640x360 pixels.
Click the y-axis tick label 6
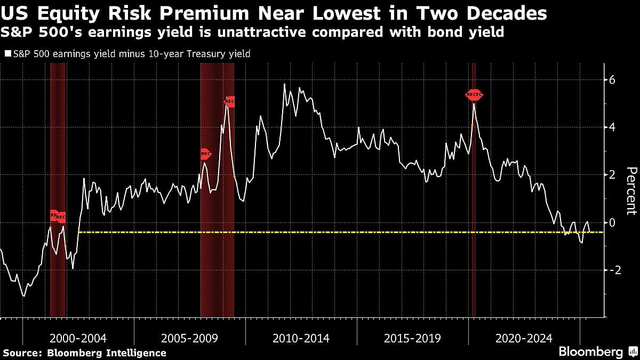click(612, 80)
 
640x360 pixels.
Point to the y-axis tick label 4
click(612, 127)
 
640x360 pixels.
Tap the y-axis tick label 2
click(612, 175)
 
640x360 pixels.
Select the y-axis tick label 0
click(612, 222)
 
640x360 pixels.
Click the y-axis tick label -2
click(611, 270)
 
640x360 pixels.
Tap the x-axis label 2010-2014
click(301, 338)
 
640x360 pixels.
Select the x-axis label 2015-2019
click(412, 338)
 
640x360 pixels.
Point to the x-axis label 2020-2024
click(524, 338)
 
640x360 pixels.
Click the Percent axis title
click(631, 191)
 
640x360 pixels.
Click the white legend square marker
click(7, 53)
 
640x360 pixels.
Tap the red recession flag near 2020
click(474, 95)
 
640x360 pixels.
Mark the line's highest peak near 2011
click(284, 84)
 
